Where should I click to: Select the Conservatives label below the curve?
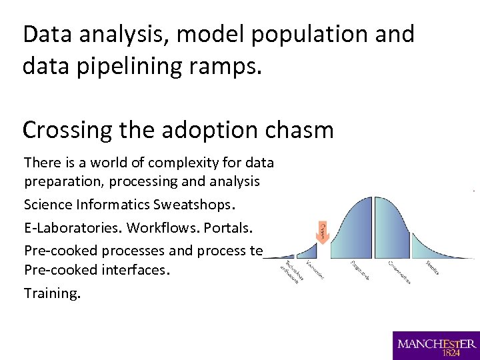tap(399, 272)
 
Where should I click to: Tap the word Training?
tap(52, 293)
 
